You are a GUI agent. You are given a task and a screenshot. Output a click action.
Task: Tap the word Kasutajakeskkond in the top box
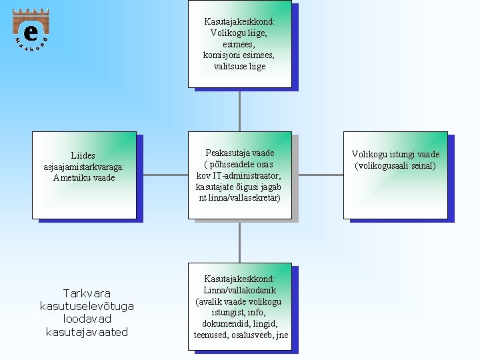point(239,21)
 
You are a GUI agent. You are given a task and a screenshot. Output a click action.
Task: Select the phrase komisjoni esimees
point(239,55)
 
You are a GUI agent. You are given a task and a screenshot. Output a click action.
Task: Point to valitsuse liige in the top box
point(239,66)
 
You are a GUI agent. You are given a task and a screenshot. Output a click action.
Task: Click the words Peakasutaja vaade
point(239,153)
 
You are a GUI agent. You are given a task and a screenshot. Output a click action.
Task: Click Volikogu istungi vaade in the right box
point(395,155)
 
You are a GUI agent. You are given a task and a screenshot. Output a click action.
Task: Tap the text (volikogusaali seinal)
point(395,165)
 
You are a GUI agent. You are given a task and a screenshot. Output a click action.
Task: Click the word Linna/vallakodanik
point(239,290)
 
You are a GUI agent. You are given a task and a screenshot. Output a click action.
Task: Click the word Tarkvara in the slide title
point(87,293)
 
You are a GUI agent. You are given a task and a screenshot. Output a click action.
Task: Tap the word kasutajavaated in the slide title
point(87,331)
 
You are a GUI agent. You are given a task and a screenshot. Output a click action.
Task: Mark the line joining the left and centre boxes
point(162,175)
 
